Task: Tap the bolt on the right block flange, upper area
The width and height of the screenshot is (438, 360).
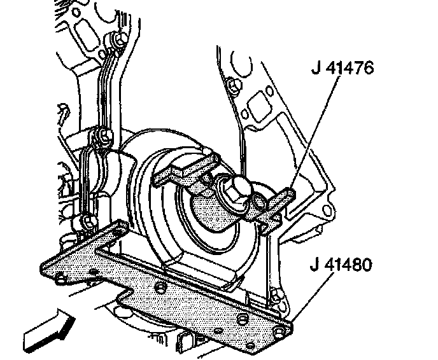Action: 232,84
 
